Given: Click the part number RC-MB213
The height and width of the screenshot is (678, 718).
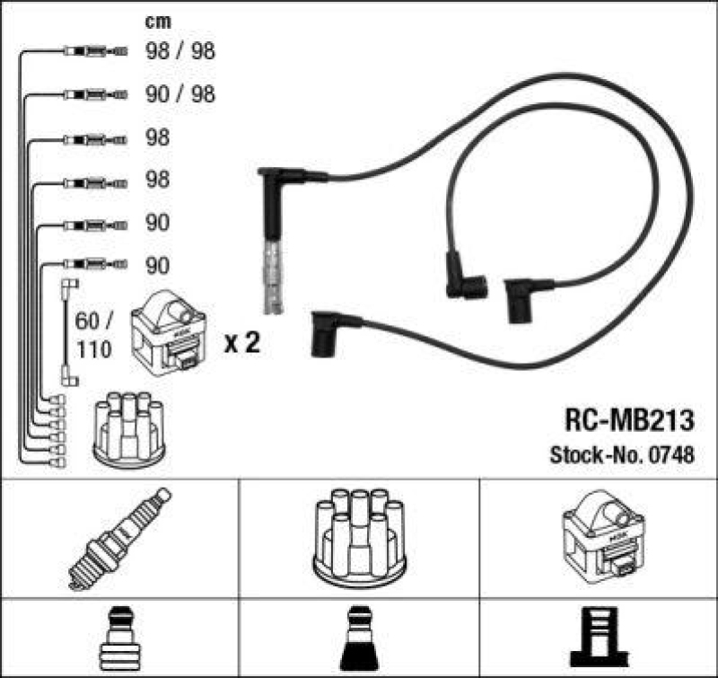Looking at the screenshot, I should [628, 421].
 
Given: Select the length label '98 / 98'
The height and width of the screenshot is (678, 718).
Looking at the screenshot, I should [179, 52].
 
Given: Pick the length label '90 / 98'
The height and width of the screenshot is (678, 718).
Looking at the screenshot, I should [179, 94].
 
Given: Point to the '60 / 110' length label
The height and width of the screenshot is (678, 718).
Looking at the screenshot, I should [94, 334].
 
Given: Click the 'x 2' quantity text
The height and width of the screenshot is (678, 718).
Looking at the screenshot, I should [241, 342].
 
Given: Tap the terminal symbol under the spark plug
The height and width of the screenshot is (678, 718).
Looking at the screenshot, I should [119, 638].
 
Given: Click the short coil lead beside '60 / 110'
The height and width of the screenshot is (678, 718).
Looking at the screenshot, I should [68, 332].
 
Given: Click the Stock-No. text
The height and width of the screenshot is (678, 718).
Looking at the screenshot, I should [590, 455].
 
